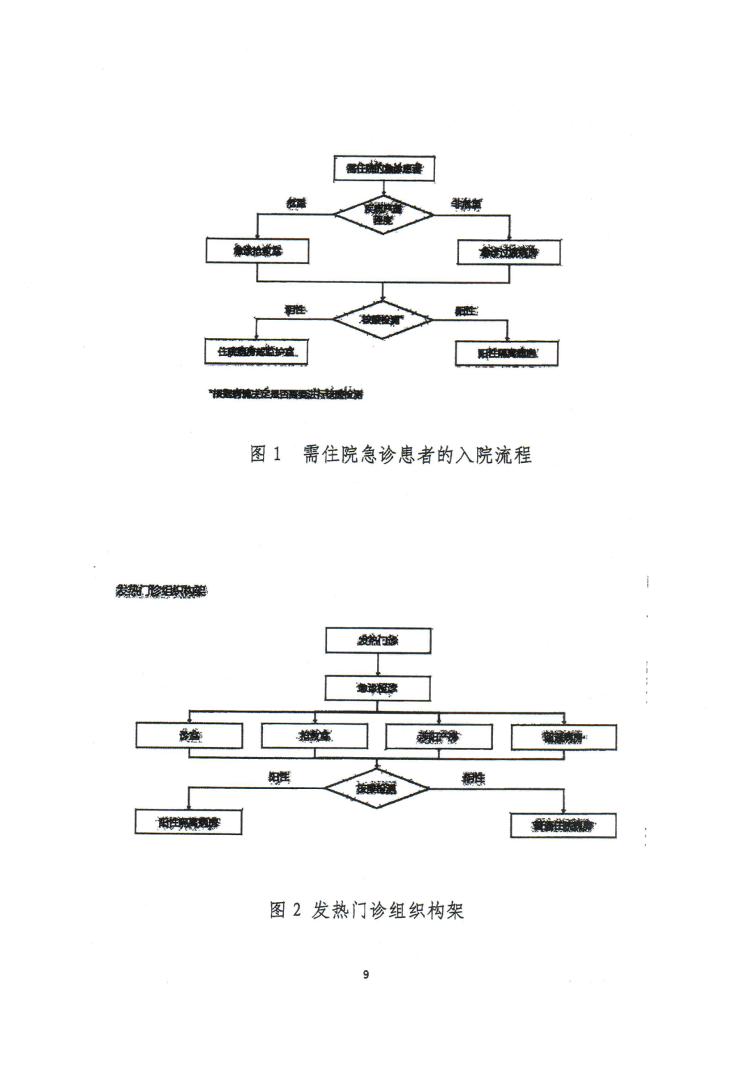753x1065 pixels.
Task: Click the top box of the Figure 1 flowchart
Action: (x=383, y=169)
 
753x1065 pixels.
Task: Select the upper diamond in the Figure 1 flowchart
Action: (x=383, y=213)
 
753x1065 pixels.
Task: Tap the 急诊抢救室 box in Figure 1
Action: (x=257, y=251)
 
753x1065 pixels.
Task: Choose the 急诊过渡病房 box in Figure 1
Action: (x=508, y=252)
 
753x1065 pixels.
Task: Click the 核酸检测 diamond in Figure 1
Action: (x=382, y=320)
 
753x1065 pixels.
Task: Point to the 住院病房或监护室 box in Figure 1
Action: (x=257, y=352)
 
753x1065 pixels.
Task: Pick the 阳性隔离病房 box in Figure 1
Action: (x=507, y=353)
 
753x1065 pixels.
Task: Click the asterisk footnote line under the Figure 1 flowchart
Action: (x=287, y=394)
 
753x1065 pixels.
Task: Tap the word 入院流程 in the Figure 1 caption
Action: (x=493, y=455)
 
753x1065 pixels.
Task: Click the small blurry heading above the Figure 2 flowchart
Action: (x=161, y=591)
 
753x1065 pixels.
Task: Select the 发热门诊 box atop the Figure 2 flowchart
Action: (x=378, y=641)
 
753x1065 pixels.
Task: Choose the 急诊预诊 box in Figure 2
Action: (x=377, y=689)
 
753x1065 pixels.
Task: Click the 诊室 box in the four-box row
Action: (x=190, y=736)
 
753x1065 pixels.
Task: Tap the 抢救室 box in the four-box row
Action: (x=314, y=736)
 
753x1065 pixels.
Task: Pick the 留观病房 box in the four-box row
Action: (x=564, y=737)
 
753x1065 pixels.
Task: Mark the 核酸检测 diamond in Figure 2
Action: (x=376, y=788)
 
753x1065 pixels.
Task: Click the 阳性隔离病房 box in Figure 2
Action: (x=188, y=822)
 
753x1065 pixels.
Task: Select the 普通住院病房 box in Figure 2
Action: (x=563, y=826)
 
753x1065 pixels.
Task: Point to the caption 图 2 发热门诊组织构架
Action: (x=367, y=910)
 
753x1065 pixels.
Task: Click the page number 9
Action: (x=366, y=974)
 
